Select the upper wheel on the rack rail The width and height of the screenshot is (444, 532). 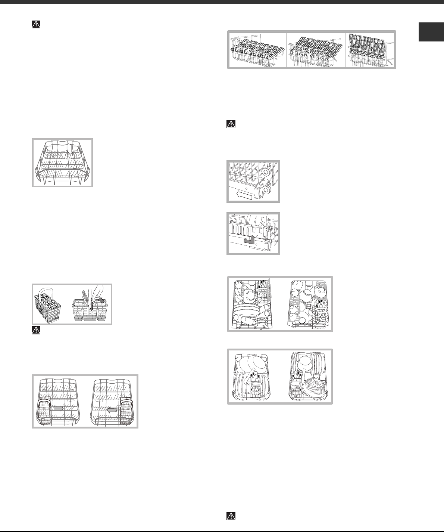(266, 171)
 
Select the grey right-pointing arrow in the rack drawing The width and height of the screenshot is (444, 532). (59, 409)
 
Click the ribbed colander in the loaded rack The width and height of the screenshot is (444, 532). (315, 388)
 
